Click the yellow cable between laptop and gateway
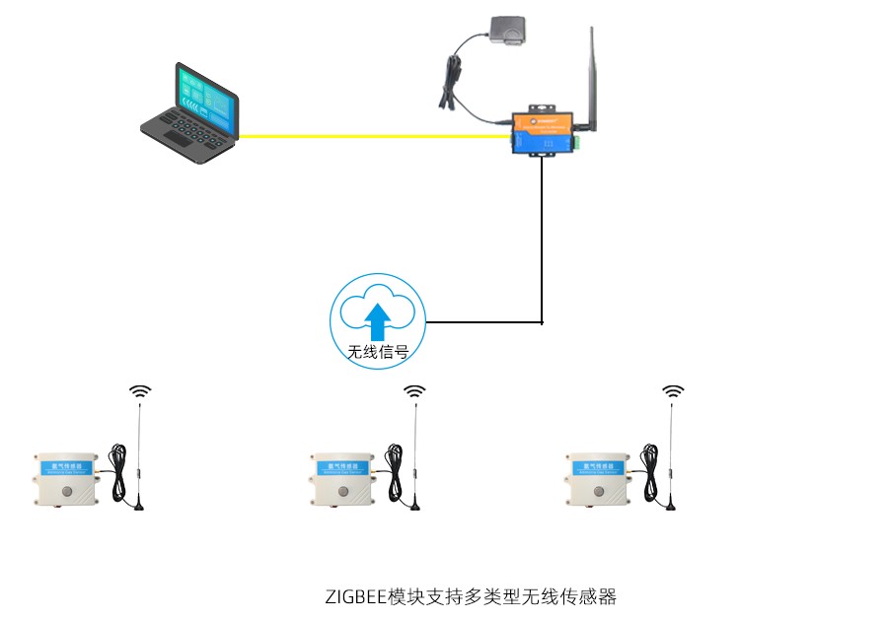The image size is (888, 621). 375,136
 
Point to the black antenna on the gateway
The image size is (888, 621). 595,79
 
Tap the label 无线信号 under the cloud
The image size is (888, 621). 378,352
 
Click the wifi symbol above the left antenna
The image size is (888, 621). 142,391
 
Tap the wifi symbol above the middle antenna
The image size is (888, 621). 415,391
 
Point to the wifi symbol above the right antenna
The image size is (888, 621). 673,391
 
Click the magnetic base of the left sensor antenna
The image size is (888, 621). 139,507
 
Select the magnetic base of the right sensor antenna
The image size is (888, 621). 671,507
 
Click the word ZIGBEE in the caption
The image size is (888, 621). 356,596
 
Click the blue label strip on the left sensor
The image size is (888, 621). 67,463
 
